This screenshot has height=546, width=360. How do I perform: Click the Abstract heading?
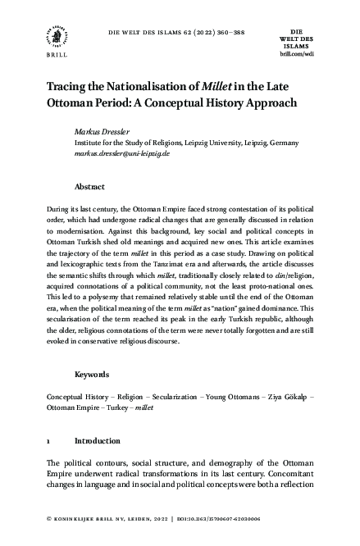(89, 186)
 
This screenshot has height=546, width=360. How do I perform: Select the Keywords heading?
(93, 375)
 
